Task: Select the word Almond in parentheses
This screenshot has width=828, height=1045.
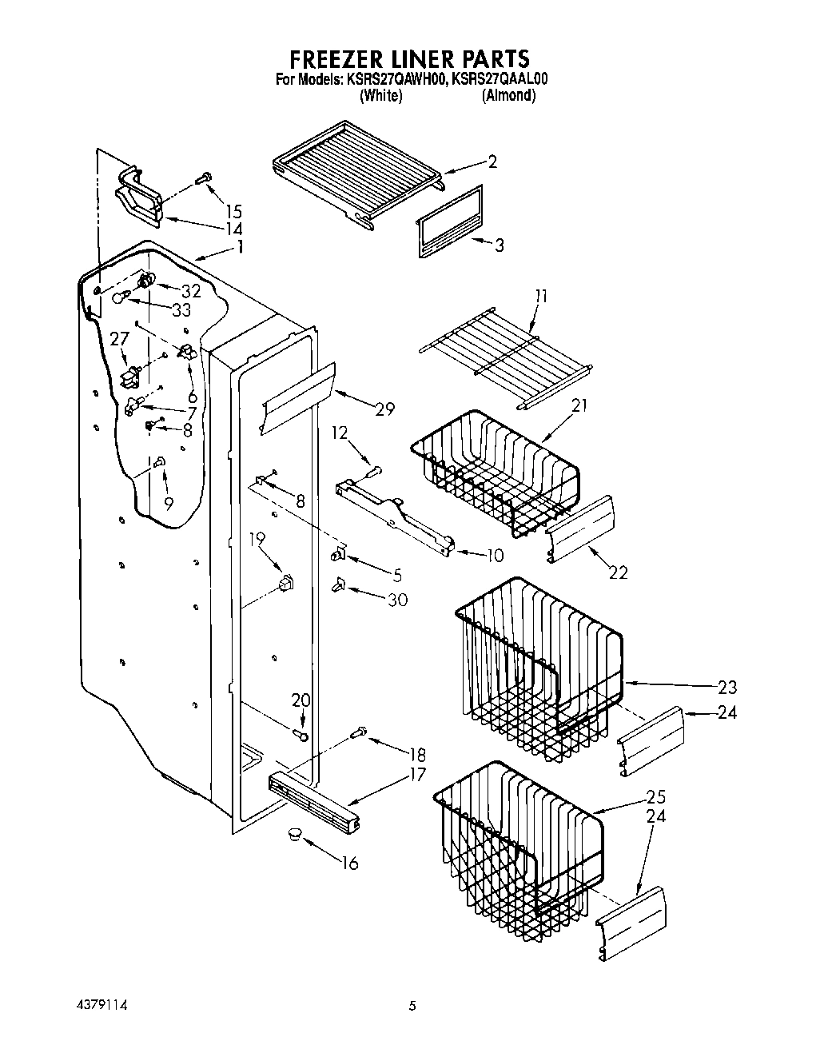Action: (508, 95)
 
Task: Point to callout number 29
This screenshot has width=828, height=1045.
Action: (384, 409)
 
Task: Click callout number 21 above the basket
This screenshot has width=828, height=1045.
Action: (579, 406)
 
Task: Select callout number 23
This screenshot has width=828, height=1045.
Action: (727, 687)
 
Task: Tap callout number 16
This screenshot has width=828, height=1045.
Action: (349, 863)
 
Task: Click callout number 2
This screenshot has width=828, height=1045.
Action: (492, 162)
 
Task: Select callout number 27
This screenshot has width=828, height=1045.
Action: (119, 339)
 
